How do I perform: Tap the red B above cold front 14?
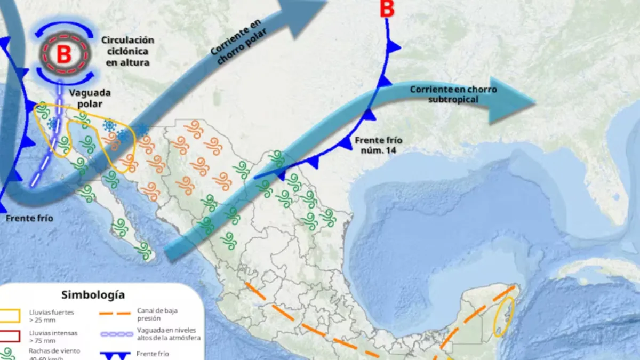387,9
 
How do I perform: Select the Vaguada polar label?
85,98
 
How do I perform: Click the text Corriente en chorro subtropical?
453,94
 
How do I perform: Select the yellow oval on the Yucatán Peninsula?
503,317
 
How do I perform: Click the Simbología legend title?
93,294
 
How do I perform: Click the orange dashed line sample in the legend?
115,314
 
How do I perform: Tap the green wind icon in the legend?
7,354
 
